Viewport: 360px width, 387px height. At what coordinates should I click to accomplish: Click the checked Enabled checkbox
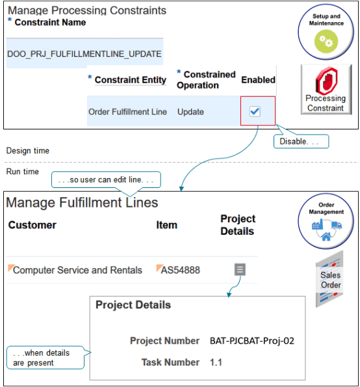point(255,111)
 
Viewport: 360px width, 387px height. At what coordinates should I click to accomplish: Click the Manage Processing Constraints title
point(87,11)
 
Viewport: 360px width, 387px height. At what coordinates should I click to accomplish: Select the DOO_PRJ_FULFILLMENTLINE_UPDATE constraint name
point(84,54)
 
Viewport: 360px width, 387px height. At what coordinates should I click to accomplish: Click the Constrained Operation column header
point(206,80)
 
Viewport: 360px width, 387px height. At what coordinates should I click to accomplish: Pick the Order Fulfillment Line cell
point(127,112)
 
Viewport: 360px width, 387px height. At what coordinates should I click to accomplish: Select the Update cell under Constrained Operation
point(190,112)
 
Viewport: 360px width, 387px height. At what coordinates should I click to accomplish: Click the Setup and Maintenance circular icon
point(326,33)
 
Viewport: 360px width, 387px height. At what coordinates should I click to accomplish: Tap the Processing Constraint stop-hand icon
point(326,89)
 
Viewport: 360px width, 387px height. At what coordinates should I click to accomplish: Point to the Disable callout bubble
point(300,140)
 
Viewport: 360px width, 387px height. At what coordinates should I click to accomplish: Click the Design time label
point(28,151)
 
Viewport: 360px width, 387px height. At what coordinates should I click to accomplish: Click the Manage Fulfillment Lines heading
point(82,203)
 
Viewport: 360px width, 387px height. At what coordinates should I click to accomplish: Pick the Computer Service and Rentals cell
point(77,269)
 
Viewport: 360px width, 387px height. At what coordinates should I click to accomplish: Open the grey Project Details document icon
point(240,269)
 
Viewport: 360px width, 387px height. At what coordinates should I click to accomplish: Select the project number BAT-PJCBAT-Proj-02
point(252,340)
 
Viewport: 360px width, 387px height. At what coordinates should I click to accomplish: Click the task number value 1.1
point(216,362)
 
